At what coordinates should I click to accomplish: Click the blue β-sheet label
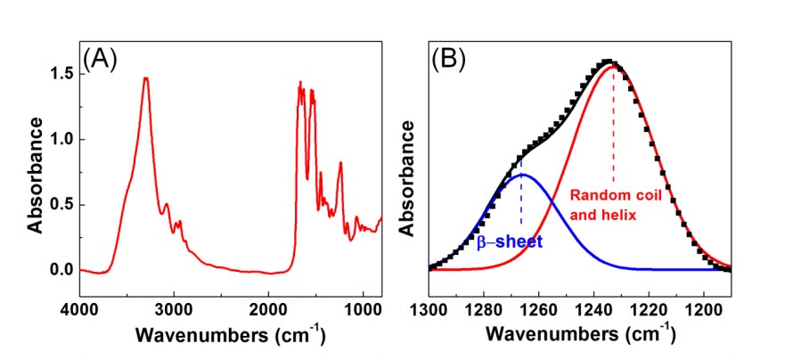pyautogui.click(x=509, y=241)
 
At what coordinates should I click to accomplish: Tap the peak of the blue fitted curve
pyautogui.click(x=522, y=175)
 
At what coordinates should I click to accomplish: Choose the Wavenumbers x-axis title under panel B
pyautogui.click(x=579, y=336)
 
